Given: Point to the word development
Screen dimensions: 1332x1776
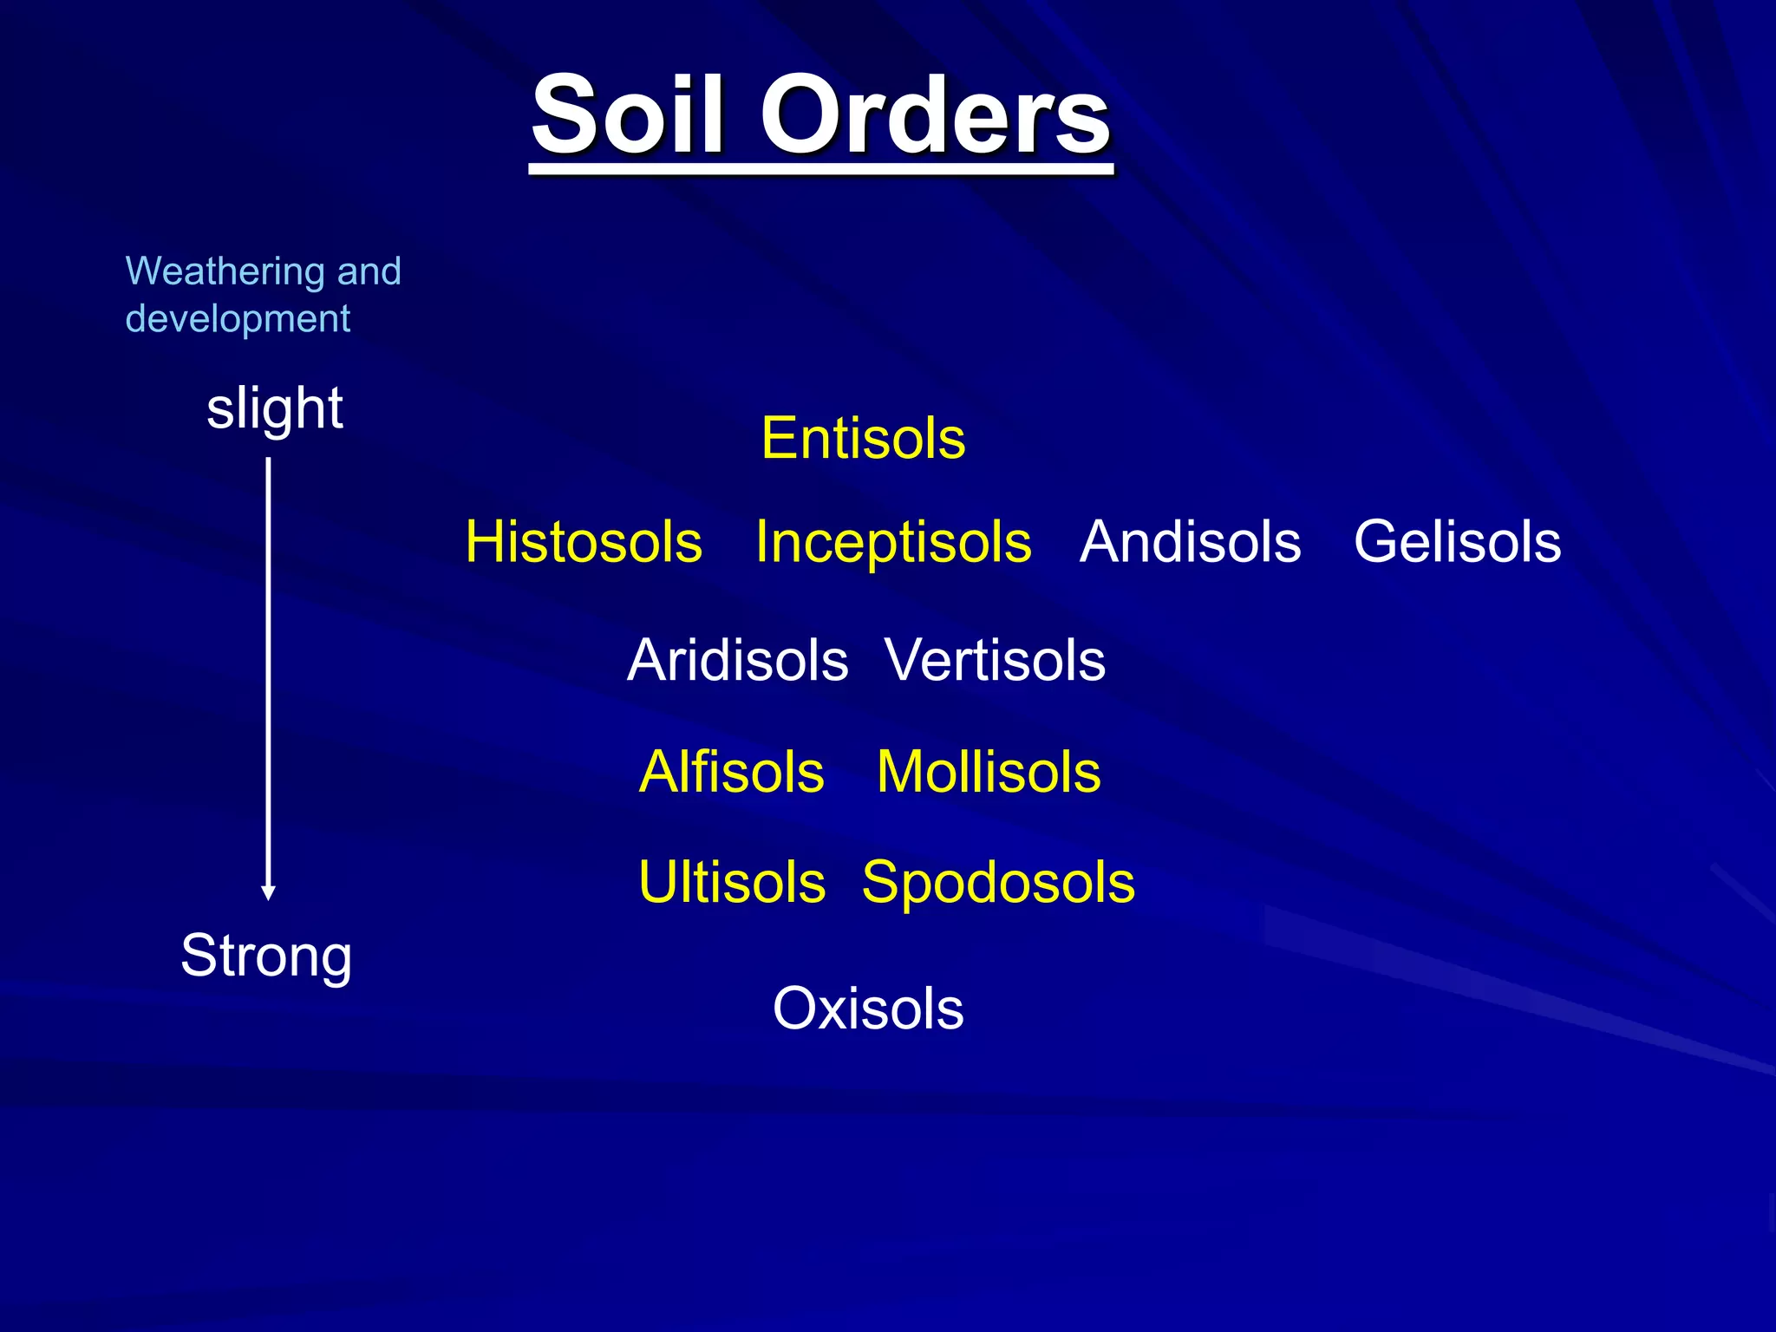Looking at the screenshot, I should [238, 319].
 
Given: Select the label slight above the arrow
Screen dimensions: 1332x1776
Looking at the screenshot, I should [274, 408].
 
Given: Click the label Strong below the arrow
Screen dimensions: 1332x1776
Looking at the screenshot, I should [266, 956].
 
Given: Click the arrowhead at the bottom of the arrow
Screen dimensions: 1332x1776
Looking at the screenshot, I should [269, 892].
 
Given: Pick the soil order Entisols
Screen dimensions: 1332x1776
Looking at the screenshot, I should [863, 438].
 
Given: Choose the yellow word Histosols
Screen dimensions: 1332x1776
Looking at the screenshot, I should [584, 542].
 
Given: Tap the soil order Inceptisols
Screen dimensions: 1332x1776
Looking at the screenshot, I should [893, 542].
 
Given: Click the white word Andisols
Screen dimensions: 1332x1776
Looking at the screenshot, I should [1190, 542].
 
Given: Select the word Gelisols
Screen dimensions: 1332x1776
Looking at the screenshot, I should [1457, 542].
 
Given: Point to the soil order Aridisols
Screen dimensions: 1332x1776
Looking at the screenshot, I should [737, 661].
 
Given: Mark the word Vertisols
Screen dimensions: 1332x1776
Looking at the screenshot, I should [995, 661].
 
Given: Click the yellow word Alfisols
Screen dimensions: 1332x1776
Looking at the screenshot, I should [731, 772].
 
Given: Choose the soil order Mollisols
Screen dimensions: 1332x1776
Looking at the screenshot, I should [989, 772].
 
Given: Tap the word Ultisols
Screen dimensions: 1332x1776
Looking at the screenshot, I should [732, 883].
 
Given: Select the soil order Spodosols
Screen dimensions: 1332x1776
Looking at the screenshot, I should [998, 883].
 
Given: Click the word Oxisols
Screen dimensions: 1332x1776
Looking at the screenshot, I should [868, 1009].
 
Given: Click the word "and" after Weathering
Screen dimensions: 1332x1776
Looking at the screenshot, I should [369, 271].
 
